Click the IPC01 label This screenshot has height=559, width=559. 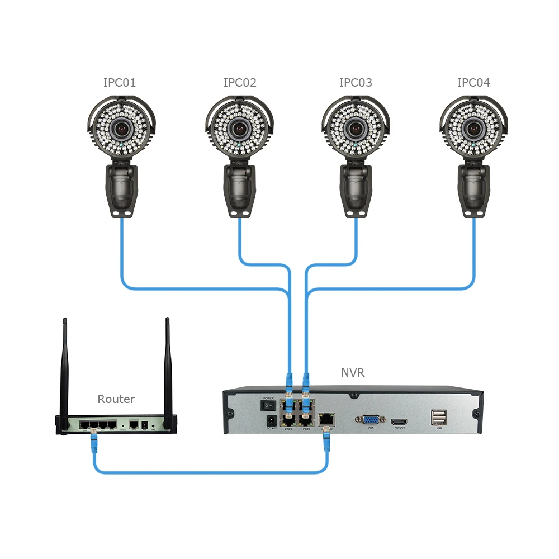(x=120, y=83)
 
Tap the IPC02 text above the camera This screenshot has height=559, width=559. (x=240, y=83)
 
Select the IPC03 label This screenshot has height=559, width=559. (x=356, y=83)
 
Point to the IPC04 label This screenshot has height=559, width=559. (x=473, y=83)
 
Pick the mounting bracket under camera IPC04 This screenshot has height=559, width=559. (x=474, y=190)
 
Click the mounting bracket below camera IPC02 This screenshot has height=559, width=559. (x=240, y=190)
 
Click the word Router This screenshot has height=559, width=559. (x=116, y=399)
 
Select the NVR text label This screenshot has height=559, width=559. (x=353, y=373)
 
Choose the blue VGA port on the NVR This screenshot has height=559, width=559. (x=370, y=420)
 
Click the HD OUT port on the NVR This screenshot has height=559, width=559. (x=399, y=421)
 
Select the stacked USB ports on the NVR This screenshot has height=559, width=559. (x=439, y=418)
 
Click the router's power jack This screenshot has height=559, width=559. (x=146, y=425)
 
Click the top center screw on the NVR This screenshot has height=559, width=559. (x=353, y=395)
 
